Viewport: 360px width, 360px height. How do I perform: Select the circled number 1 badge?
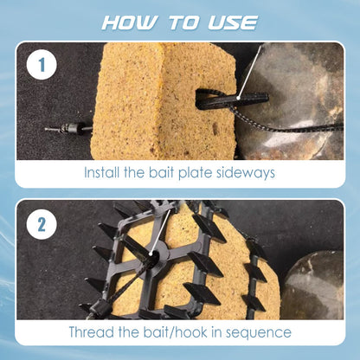pos(39,64)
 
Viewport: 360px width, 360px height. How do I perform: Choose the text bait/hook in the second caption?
pos(173,332)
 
